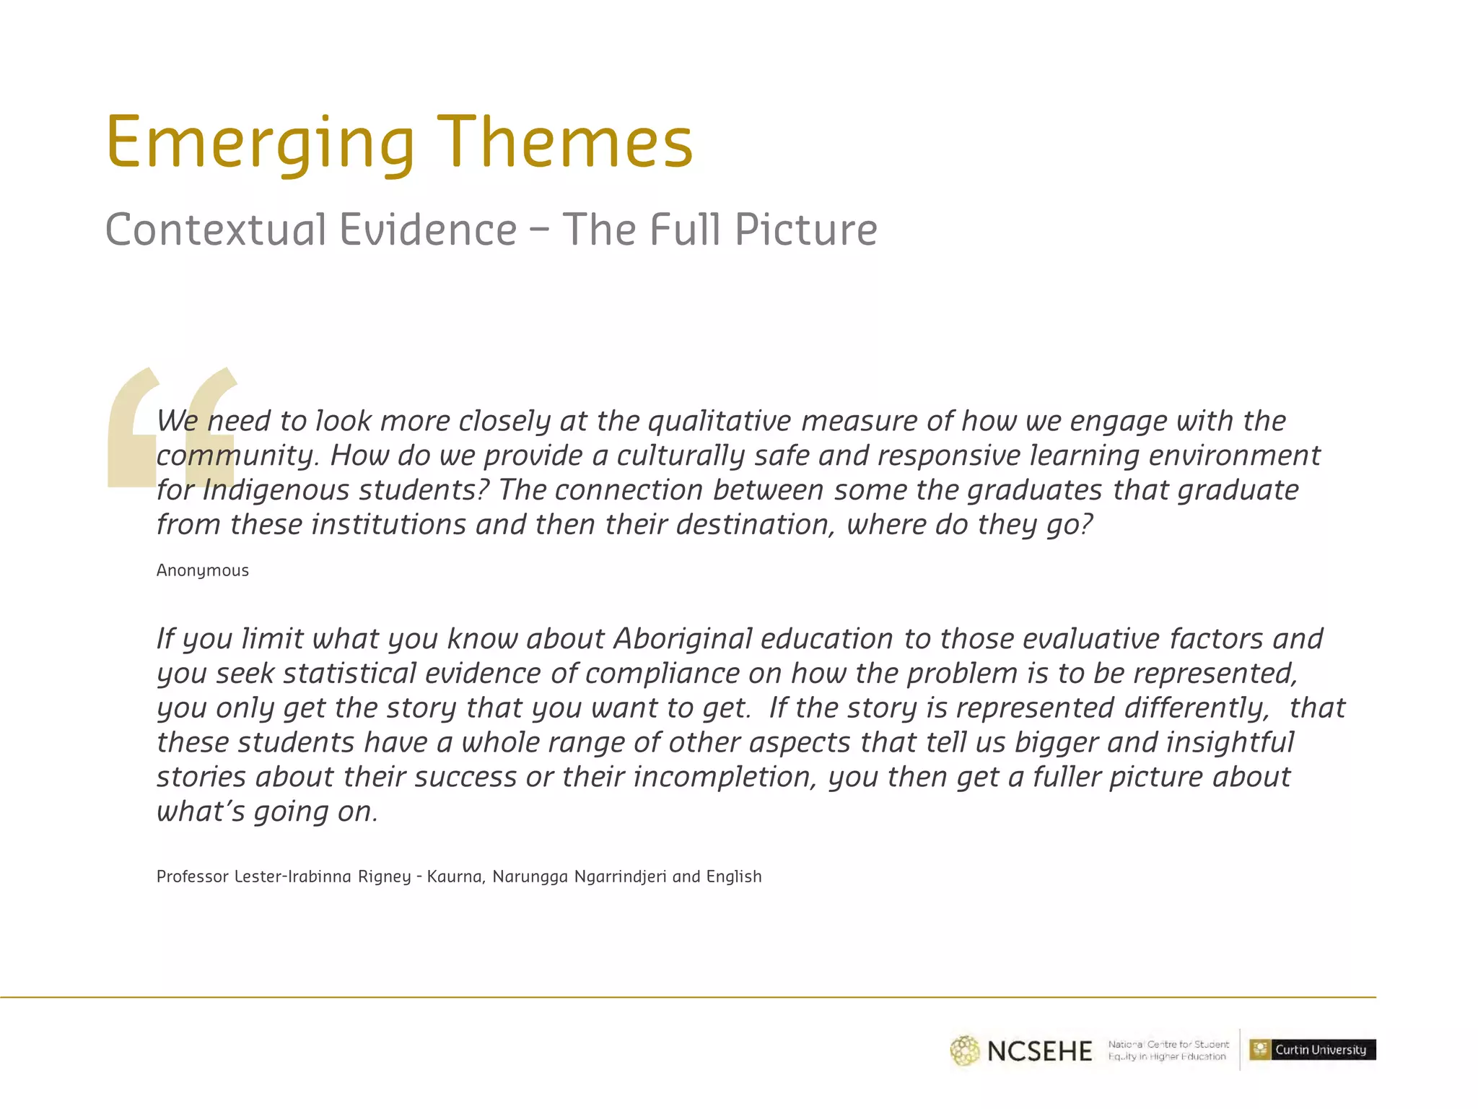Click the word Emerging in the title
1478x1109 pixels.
(x=261, y=143)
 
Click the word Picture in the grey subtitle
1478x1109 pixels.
(x=806, y=230)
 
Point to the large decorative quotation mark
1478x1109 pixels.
(x=172, y=427)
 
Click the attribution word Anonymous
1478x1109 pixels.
(x=203, y=570)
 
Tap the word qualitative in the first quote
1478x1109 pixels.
(x=719, y=421)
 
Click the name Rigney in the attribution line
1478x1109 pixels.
(x=385, y=877)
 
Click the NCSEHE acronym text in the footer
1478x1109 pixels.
(x=1039, y=1051)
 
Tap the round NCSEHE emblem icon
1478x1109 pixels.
(x=965, y=1051)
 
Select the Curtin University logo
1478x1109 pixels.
(x=1313, y=1050)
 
